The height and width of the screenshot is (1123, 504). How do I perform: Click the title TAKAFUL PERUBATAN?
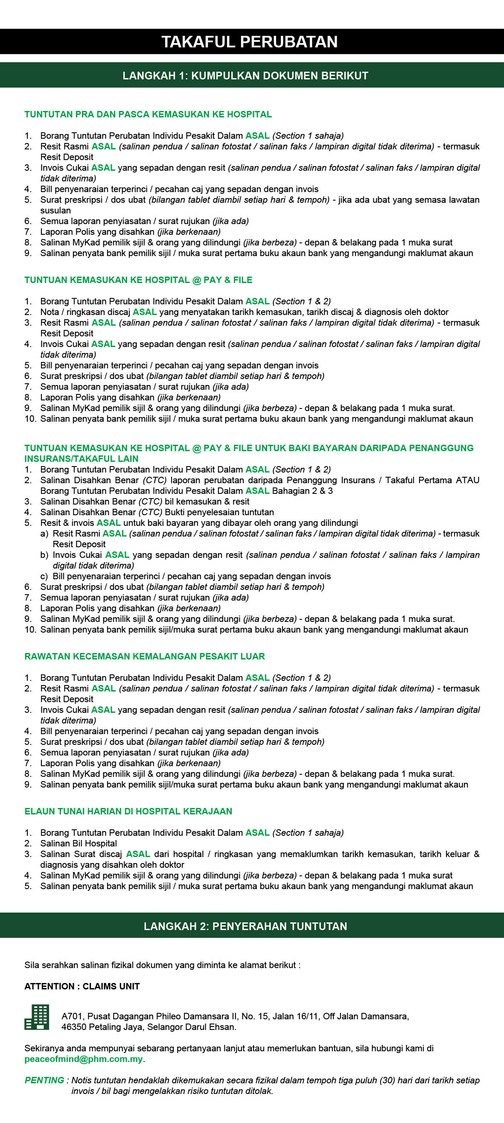tap(249, 42)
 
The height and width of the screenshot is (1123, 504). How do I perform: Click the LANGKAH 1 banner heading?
tap(245, 76)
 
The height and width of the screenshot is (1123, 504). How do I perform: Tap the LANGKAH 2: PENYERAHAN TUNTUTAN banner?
tap(245, 926)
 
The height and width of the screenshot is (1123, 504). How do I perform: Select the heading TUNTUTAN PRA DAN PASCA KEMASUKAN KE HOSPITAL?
tap(148, 115)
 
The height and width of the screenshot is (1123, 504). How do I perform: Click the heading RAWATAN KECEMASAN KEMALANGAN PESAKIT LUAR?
tap(144, 656)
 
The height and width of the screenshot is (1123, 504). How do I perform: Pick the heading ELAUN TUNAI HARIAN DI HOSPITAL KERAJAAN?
tap(128, 811)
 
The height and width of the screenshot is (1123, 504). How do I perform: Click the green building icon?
tap(37, 1017)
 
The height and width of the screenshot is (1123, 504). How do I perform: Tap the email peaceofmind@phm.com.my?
tap(83, 1059)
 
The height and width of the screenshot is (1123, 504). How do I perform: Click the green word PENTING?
tap(44, 1080)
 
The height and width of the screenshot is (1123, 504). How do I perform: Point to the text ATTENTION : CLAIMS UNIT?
tap(82, 986)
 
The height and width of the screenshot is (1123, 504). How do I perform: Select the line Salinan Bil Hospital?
tap(79, 843)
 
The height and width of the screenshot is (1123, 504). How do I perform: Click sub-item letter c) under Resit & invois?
tap(44, 576)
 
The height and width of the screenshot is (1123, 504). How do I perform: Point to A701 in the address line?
tap(71, 1016)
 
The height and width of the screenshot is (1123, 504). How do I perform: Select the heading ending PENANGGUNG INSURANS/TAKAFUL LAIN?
tap(248, 453)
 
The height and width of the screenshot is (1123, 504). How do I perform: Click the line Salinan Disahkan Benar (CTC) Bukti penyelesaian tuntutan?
tap(157, 512)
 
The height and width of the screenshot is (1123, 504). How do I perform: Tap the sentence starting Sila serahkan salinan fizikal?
tap(162, 965)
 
